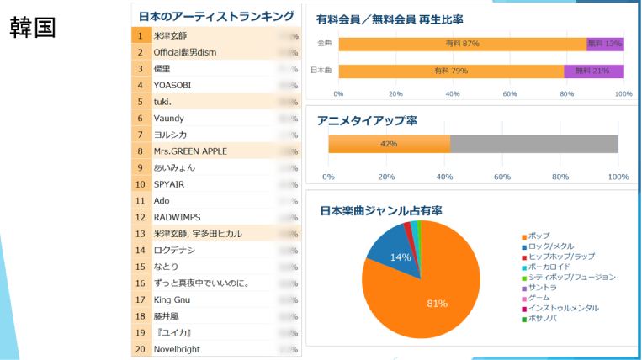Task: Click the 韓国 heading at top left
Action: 33,27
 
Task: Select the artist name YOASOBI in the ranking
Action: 173,85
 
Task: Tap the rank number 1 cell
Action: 141,36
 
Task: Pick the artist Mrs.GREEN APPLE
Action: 190,151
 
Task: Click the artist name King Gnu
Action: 172,299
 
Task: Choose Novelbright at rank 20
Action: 177,349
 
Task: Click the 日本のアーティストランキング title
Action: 216,16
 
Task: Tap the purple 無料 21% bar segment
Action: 594,71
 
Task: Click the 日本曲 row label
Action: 321,71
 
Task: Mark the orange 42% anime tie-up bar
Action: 389,144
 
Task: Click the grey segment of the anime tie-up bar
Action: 533,144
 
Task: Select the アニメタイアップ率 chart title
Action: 367,121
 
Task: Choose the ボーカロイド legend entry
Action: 553,267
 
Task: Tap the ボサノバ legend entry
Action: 548,319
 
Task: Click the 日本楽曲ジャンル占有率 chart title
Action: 381,210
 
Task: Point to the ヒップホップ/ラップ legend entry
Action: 560,257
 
